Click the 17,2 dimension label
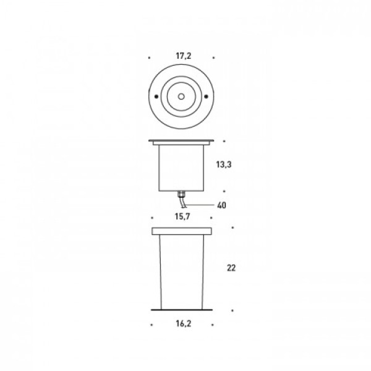point(184,56)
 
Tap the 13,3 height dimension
point(224,164)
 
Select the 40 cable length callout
point(221,205)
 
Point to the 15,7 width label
point(182,216)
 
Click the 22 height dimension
point(231,268)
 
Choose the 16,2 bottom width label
point(184,323)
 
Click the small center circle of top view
point(181,96)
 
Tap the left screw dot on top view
point(156,96)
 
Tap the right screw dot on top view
point(206,96)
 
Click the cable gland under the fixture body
point(181,194)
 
